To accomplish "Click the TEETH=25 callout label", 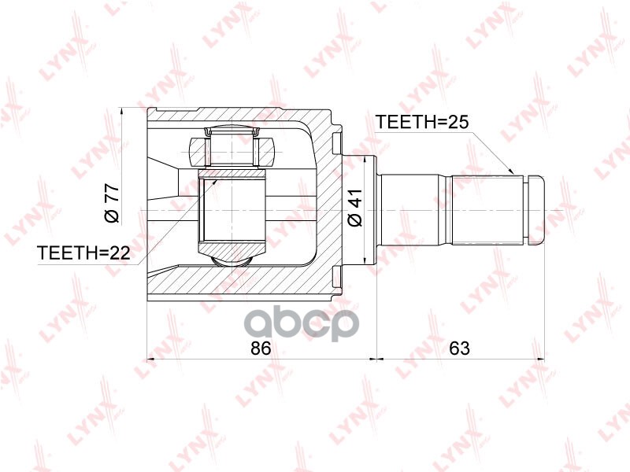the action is point(422,122).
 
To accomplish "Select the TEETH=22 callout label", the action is point(83,253).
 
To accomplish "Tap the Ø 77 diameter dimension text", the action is point(112,203).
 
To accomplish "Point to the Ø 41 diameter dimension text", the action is point(355,208).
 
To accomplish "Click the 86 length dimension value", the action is point(261,348).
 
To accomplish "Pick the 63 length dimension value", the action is point(459,348).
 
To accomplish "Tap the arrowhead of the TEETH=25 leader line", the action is point(510,171).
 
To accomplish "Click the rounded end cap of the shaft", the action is point(535,210).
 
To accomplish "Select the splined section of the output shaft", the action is point(487,210).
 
